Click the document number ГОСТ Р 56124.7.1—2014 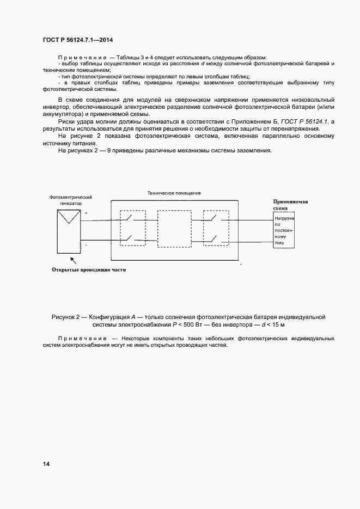click(77, 40)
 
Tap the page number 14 click(46, 464)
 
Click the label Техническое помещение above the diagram click(174, 193)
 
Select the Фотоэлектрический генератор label click(71, 199)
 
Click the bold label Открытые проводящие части click(88, 269)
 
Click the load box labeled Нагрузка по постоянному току click(284, 230)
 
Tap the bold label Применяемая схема click(290, 204)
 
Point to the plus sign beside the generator click(86, 214)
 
